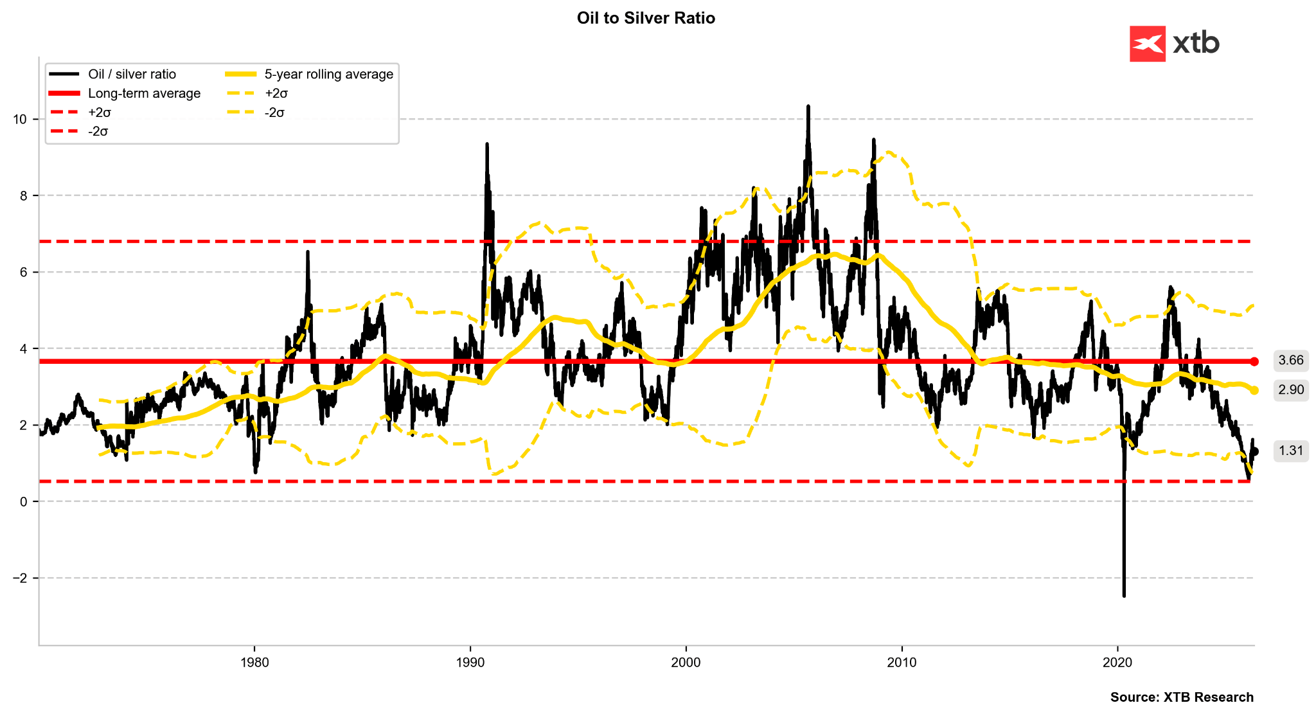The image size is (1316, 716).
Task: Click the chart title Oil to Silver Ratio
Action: pos(646,18)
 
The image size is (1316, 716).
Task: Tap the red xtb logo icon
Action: pos(1147,44)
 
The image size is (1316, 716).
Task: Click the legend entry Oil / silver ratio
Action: pos(132,74)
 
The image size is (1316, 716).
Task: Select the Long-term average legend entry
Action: pos(144,93)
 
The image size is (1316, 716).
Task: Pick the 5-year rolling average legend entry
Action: pos(328,74)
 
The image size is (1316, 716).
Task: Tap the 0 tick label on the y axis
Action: pos(24,501)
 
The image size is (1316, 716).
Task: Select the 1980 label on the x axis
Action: pos(254,663)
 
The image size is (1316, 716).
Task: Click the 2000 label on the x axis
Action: pos(686,663)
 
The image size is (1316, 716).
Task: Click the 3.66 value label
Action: pos(1291,361)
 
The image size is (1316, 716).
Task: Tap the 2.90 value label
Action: pos(1291,390)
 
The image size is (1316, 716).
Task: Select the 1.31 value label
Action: pos(1291,451)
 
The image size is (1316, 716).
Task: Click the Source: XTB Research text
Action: pos(1181,697)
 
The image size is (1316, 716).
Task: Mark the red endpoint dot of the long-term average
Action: pos(1254,361)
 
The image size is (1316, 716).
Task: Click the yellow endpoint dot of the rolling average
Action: pos(1254,390)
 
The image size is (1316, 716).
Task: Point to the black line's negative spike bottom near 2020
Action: pos(1124,596)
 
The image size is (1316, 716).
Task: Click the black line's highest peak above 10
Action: pos(808,106)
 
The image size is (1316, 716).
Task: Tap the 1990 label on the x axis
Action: pos(470,663)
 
